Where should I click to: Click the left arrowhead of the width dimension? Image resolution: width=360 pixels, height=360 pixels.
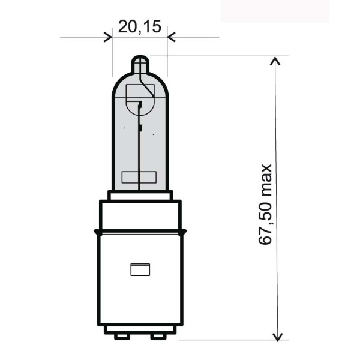tap(108, 37)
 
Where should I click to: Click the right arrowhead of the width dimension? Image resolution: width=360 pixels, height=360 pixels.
tap(171, 37)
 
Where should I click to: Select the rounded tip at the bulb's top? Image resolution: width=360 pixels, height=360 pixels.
tap(140, 62)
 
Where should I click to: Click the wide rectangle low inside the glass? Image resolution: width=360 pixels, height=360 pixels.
tap(139, 178)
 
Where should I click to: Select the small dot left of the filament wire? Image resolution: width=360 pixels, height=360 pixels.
tap(124, 128)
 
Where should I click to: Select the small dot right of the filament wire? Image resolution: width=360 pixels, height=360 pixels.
tap(154, 134)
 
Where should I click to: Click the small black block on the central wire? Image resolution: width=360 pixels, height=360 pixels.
tap(140, 127)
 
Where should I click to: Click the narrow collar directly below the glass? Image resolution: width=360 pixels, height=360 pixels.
tap(140, 195)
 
